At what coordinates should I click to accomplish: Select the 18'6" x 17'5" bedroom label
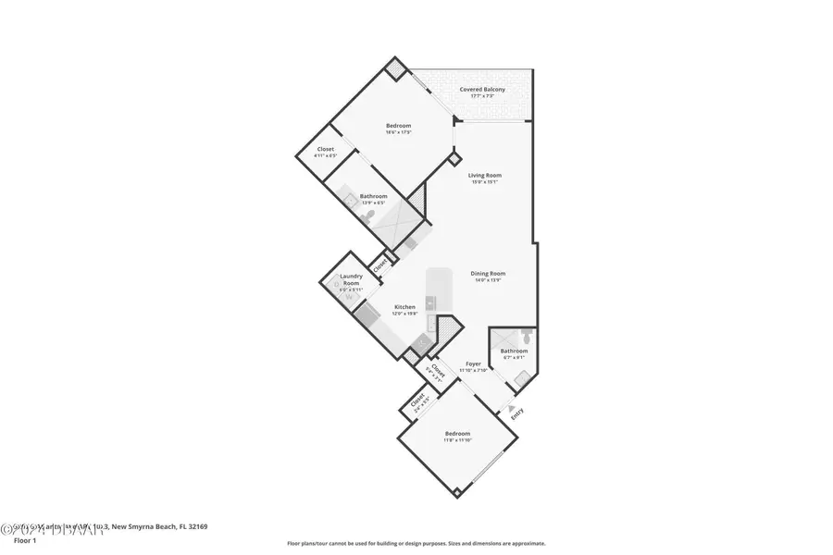398,128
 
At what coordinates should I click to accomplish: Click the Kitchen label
404,310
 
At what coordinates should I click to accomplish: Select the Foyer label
473,366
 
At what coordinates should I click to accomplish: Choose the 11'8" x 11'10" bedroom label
457,437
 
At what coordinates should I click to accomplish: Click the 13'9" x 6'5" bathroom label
373,198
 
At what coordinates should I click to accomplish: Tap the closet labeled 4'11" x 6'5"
325,153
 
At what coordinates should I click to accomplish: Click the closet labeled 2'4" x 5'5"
418,403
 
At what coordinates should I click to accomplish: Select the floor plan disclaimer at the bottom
416,544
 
